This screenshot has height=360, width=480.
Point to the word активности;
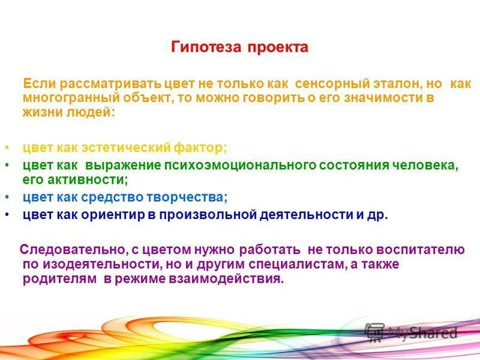click(x=85, y=178)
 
